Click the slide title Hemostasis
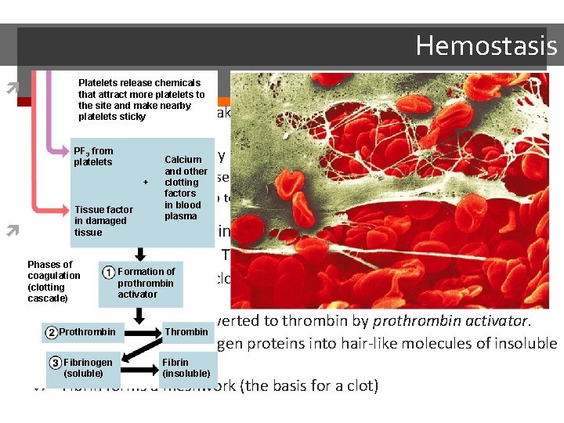click(x=486, y=45)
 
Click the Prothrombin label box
click(x=86, y=332)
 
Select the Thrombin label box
click(x=186, y=332)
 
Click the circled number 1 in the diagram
click(x=107, y=273)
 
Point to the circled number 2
click(x=51, y=333)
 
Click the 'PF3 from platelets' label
click(x=93, y=157)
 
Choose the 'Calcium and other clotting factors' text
click(x=186, y=187)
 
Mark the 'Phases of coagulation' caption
click(x=53, y=281)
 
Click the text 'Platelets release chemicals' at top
click(x=139, y=83)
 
